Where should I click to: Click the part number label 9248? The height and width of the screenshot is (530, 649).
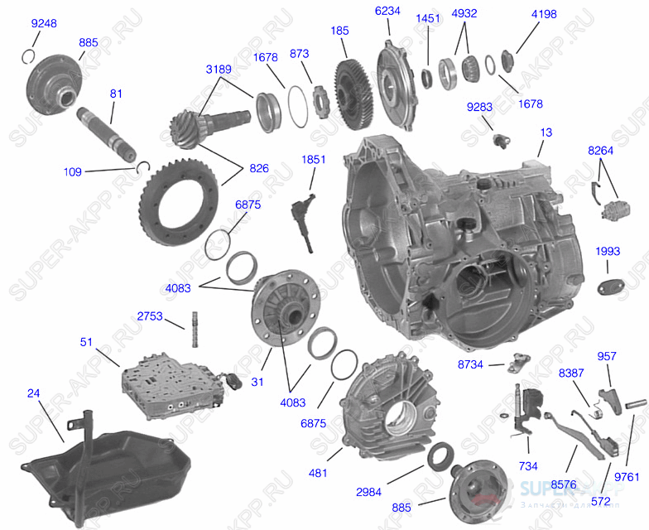44,24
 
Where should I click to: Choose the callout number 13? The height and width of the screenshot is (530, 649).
546,132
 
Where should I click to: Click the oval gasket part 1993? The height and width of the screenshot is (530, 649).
609,287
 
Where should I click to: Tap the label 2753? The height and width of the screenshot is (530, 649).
150,316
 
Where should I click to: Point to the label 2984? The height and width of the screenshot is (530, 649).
368,492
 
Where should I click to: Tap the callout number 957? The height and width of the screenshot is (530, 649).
607,356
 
